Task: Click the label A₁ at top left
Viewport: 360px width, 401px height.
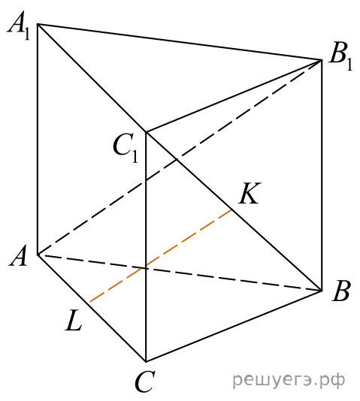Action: click(x=19, y=26)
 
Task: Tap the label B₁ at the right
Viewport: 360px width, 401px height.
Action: click(x=340, y=57)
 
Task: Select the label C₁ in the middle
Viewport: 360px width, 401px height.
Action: click(x=126, y=149)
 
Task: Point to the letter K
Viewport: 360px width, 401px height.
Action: click(x=250, y=193)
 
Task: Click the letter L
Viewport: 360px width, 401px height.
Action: click(x=74, y=320)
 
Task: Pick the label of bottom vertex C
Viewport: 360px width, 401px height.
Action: click(x=145, y=381)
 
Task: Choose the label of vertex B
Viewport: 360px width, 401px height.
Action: click(x=340, y=291)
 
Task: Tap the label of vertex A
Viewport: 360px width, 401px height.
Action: click(x=18, y=255)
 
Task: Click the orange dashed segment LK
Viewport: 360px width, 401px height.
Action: click(x=161, y=256)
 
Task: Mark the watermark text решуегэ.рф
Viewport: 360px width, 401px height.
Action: click(x=289, y=381)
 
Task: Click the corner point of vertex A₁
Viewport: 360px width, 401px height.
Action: click(x=38, y=24)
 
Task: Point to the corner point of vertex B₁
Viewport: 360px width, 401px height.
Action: click(x=322, y=60)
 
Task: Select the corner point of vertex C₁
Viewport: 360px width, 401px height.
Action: click(x=146, y=132)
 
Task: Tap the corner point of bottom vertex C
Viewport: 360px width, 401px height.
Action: click(x=146, y=362)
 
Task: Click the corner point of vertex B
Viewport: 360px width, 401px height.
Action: click(x=322, y=291)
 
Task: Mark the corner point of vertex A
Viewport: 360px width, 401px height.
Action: click(x=38, y=255)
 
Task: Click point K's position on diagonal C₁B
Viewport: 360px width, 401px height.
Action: click(x=232, y=210)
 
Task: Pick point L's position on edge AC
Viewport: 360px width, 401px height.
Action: click(x=89, y=303)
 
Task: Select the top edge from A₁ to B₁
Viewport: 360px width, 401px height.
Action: click(x=180, y=42)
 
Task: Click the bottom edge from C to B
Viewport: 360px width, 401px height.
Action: click(x=234, y=326)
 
